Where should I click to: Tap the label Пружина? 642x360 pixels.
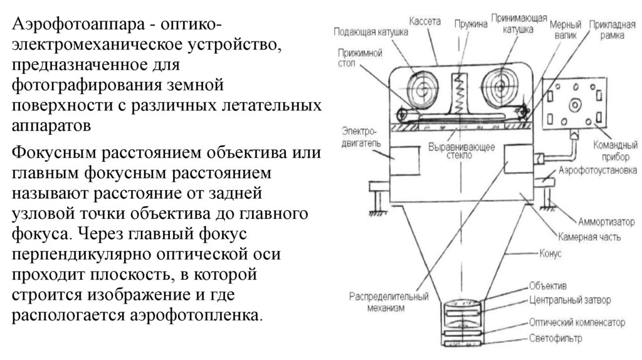(x=470, y=24)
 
